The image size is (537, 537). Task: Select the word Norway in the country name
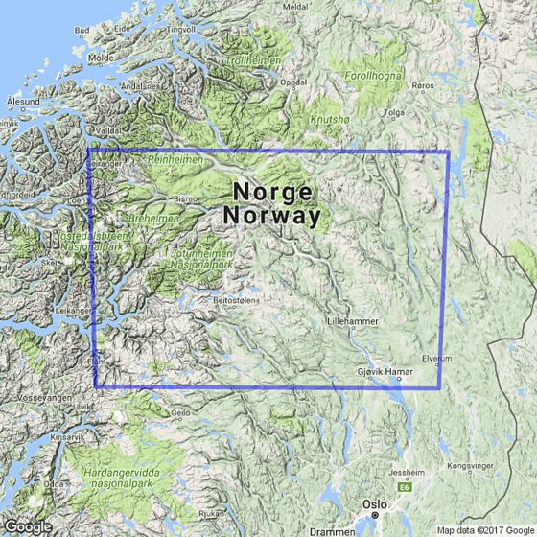click(x=272, y=217)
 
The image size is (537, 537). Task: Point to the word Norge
click(x=272, y=190)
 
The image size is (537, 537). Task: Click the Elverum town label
click(x=435, y=359)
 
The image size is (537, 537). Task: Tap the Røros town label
click(x=424, y=86)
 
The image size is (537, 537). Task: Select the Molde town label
click(x=101, y=58)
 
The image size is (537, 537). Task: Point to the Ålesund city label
click(x=22, y=99)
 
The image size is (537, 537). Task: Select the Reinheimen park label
click(x=174, y=160)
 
